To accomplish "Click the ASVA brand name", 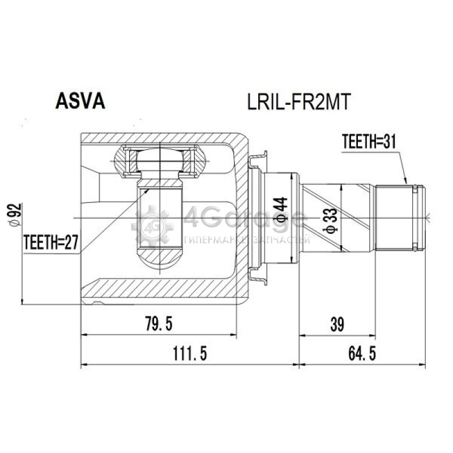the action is pyautogui.click(x=80, y=101).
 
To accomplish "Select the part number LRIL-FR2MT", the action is pyautogui.click(x=299, y=102).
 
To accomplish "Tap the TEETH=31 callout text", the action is pyautogui.click(x=369, y=142).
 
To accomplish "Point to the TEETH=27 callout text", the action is pyautogui.click(x=51, y=242).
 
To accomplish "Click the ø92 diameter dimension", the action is pyautogui.click(x=15, y=215).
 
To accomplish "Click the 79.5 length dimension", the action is pyautogui.click(x=159, y=323).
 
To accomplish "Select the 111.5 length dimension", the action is pyautogui.click(x=190, y=353).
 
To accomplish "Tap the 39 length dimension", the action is pyautogui.click(x=337, y=324).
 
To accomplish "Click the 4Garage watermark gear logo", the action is pyautogui.click(x=152, y=226).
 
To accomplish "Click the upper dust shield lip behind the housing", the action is pyautogui.click(x=258, y=160).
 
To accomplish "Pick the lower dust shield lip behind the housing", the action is pyautogui.click(x=258, y=276).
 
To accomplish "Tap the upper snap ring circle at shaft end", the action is pyautogui.click(x=415, y=187).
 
